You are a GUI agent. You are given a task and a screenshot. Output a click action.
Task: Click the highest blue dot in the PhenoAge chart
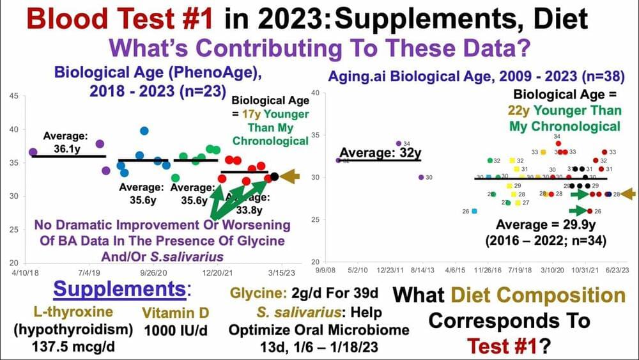144,130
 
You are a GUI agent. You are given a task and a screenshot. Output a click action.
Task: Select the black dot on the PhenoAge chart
274,176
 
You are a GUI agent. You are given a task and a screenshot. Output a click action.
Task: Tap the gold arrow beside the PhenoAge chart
291,176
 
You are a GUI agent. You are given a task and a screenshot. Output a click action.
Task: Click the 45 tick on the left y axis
13,96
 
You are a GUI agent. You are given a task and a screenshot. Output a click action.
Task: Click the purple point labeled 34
399,143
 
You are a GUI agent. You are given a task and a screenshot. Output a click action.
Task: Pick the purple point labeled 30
420,177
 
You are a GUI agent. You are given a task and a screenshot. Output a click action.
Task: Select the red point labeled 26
589,210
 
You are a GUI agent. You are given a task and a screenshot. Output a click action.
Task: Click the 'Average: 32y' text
380,153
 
